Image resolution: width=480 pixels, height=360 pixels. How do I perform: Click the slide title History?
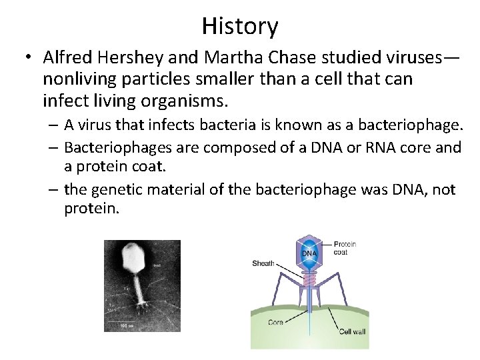tap(240, 26)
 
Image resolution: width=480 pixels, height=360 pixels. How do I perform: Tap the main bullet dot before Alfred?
tap(27, 59)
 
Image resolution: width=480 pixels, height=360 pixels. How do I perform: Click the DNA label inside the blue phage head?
tap(309, 253)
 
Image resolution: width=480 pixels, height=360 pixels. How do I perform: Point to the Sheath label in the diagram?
tap(263, 263)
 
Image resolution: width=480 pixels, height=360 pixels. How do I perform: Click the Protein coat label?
tap(345, 248)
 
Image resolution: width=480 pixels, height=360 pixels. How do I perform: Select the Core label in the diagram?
tap(275, 322)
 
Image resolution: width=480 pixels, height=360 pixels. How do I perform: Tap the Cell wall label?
tap(351, 331)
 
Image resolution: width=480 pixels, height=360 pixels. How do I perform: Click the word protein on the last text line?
tap(91, 209)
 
